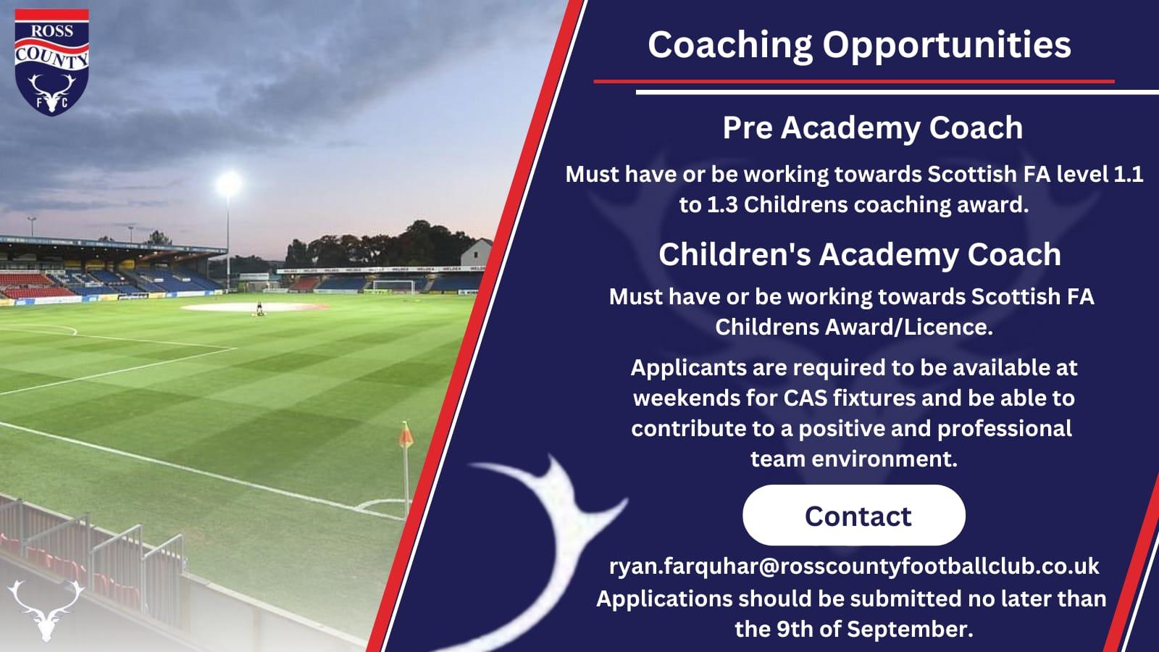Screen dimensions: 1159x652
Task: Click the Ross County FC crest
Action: coord(51,62)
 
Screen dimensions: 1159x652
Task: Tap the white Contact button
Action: coord(854,515)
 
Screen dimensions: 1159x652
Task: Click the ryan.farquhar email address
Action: coord(854,566)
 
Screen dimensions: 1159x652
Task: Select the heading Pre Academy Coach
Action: coord(873,128)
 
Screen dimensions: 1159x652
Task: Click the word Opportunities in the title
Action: coord(947,46)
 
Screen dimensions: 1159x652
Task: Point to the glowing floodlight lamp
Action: coord(228,184)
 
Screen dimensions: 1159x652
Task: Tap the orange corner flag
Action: coord(406,435)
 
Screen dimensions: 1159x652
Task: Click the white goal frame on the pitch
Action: coord(393,285)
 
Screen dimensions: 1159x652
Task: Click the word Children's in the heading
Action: coord(735,254)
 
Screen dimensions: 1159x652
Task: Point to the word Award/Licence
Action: coord(854,327)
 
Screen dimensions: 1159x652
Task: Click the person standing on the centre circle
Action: coord(259,309)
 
